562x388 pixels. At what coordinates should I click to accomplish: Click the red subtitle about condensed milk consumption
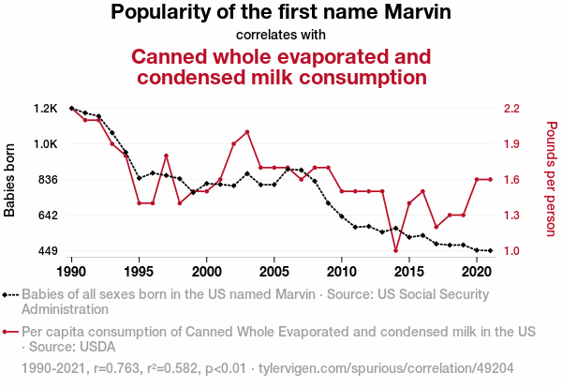click(281, 67)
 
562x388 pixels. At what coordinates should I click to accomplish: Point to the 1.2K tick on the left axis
click(46, 109)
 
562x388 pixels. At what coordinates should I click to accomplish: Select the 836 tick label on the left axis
click(46, 180)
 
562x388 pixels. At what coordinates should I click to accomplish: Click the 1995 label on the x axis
click(139, 272)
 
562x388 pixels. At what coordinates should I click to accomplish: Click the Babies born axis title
click(10, 179)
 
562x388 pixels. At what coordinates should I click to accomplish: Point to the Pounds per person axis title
click(551, 179)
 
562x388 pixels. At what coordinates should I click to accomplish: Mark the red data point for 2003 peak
click(246, 132)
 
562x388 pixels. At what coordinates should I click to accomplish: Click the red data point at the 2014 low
click(395, 250)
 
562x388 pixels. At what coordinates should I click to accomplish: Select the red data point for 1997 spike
click(166, 156)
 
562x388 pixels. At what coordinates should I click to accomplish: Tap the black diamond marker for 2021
click(490, 250)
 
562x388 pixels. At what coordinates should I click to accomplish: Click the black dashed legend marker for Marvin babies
click(10, 293)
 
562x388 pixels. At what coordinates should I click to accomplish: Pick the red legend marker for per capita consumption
click(10, 332)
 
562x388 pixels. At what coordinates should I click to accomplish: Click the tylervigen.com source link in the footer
click(402, 369)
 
